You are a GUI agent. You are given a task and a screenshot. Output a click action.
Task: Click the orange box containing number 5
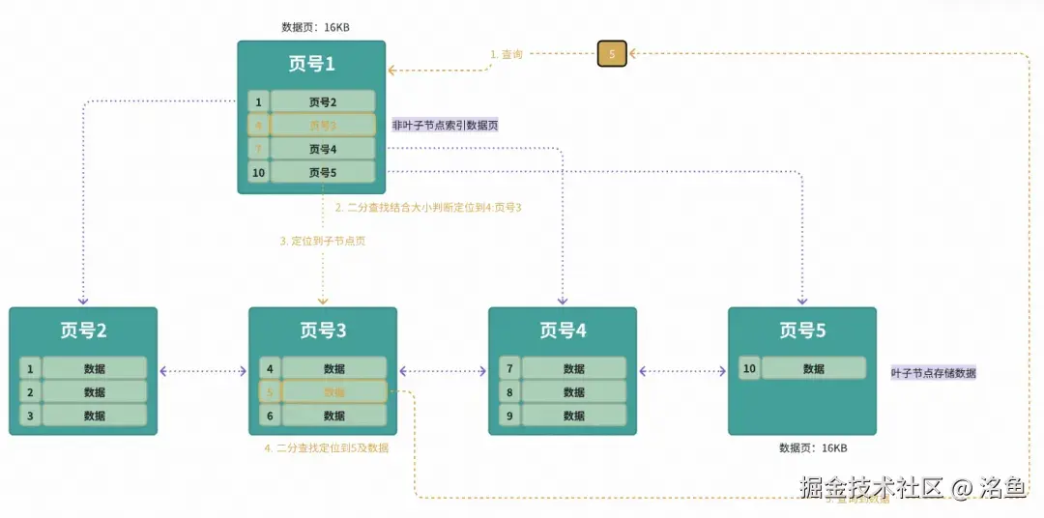pyautogui.click(x=612, y=54)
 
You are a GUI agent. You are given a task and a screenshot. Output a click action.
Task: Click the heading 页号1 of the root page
pyautogui.click(x=311, y=64)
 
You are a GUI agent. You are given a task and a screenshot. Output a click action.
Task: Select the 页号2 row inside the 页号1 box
pyautogui.click(x=322, y=101)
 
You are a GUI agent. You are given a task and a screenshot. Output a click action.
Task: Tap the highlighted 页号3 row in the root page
pyautogui.click(x=322, y=125)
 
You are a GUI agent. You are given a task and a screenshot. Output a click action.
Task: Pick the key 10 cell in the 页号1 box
pyautogui.click(x=258, y=173)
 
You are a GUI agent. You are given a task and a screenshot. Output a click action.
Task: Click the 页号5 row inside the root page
pyautogui.click(x=322, y=173)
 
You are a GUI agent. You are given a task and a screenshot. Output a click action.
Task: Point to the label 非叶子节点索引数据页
pyautogui.click(x=445, y=125)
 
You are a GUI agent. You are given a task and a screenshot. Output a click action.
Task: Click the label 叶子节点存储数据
pyautogui.click(x=933, y=373)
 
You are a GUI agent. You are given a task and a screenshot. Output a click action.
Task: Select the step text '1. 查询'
pyautogui.click(x=507, y=55)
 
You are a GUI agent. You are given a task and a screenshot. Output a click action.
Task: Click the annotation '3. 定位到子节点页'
pyautogui.click(x=323, y=241)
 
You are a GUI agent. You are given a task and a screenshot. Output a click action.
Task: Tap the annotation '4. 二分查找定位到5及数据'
pyautogui.click(x=327, y=447)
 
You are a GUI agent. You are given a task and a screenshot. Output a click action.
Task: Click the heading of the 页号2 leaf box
pyautogui.click(x=83, y=331)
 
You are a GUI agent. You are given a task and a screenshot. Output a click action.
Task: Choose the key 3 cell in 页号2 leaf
pyautogui.click(x=30, y=416)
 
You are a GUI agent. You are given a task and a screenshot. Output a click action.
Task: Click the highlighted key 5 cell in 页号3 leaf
pyautogui.click(x=270, y=392)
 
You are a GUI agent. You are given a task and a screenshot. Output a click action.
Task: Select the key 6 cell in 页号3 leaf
pyautogui.click(x=270, y=416)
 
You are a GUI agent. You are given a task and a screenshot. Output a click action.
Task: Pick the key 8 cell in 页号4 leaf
pyautogui.click(x=509, y=392)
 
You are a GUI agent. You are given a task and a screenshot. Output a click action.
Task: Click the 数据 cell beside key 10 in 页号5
pyautogui.click(x=813, y=368)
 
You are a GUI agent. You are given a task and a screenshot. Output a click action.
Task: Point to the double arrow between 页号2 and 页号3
pyautogui.click(x=203, y=370)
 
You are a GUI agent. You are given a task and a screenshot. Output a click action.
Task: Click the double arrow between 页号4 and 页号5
pyautogui.click(x=682, y=370)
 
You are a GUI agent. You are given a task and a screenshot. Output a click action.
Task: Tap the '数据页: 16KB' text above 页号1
pyautogui.click(x=315, y=27)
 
